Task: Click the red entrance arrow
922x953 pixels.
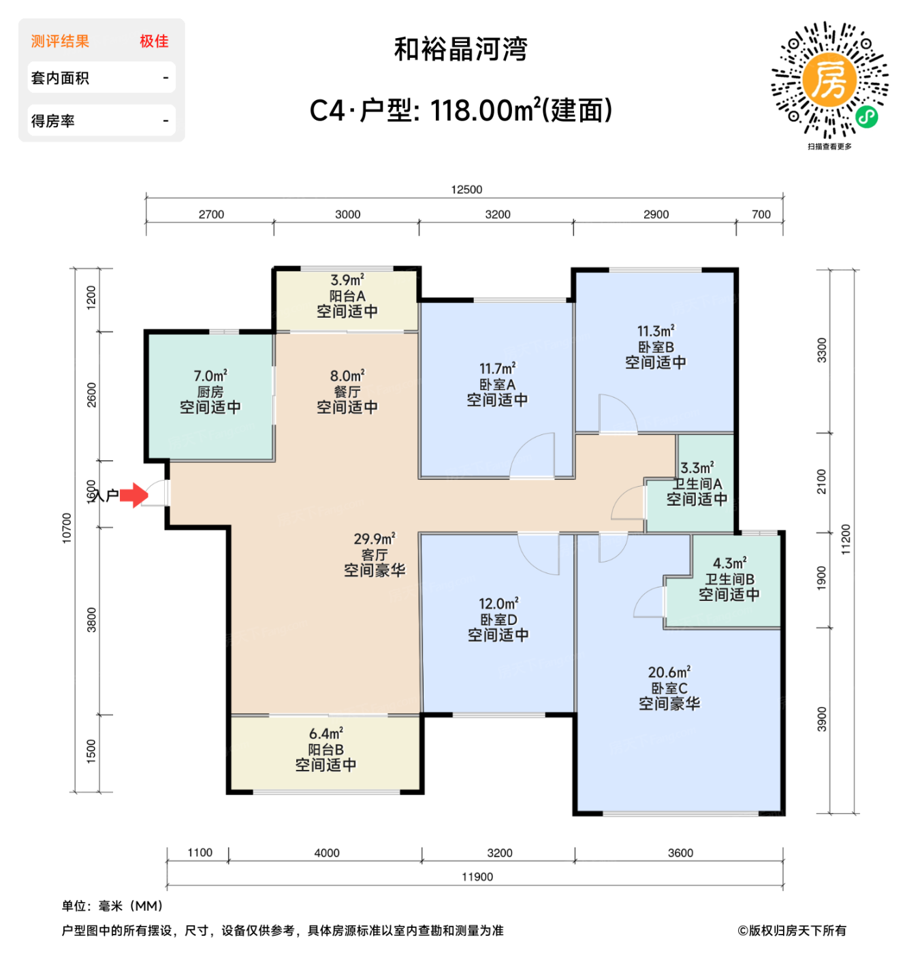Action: (134, 495)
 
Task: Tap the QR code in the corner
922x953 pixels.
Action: (829, 80)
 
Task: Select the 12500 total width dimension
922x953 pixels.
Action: (466, 189)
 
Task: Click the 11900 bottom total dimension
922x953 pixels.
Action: (477, 877)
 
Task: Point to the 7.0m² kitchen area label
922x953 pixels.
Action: (210, 376)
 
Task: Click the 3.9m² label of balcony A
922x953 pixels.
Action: (347, 280)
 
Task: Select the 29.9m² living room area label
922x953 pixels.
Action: (375, 538)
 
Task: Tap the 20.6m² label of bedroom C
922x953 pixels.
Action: (669, 672)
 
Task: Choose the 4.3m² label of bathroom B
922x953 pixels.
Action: (729, 563)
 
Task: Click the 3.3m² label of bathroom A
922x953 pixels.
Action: (697, 468)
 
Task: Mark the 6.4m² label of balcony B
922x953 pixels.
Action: (326, 733)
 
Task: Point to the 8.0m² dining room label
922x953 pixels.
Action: (347, 376)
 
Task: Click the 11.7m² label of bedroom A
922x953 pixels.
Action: (497, 368)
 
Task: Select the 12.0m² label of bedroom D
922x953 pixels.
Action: (498, 604)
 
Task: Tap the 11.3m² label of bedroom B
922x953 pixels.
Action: (656, 331)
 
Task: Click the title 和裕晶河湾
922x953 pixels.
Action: (460, 49)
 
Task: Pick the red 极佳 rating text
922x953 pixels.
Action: (154, 41)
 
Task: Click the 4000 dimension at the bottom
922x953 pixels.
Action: (327, 853)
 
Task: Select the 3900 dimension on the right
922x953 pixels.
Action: (822, 719)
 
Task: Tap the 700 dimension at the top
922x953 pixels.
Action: (761, 214)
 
